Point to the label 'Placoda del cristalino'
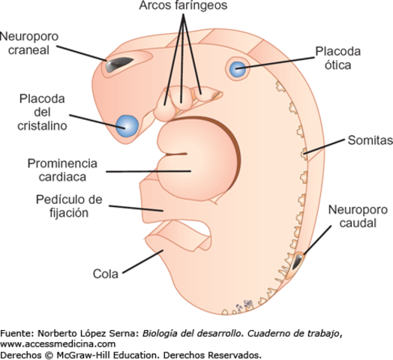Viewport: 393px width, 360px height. (43, 112)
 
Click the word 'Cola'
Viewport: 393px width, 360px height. (104, 273)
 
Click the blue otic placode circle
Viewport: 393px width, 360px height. (238, 70)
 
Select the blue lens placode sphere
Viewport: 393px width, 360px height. (127, 125)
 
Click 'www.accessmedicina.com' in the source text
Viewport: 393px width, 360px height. (58, 343)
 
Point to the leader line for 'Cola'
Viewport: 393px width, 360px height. (139, 263)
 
